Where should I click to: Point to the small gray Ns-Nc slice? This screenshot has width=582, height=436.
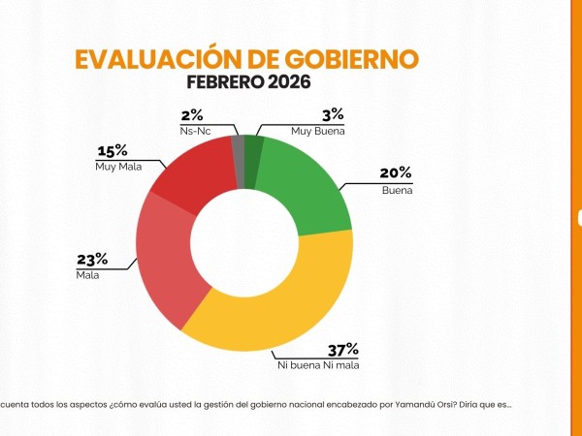click(x=238, y=148)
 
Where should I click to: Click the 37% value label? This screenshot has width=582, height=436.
click(x=343, y=351)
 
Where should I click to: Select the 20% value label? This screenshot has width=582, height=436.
click(x=396, y=173)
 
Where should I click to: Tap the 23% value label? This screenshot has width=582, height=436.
click(x=91, y=259)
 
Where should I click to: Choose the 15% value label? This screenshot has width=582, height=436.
click(x=113, y=151)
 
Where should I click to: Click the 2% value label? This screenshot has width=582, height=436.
click(x=192, y=113)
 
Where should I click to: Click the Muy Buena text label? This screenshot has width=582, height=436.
click(x=318, y=130)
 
